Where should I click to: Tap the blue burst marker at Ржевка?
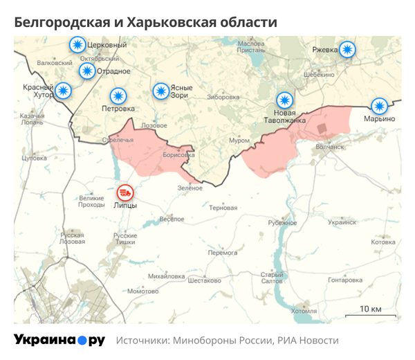pos(347,49)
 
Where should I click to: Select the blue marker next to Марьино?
pos(379,106)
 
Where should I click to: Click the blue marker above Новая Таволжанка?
pos(284,100)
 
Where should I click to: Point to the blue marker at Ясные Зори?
pos(160,91)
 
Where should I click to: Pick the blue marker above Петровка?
pos(119,96)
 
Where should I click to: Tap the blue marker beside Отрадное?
pos(87,71)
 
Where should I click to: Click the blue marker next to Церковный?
pos(77,46)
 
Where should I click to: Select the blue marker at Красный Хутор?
pos(64,91)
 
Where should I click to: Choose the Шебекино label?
pos(319,74)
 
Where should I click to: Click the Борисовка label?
pos(178,155)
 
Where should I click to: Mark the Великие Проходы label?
pos(91,201)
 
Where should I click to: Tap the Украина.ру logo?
pos(59,341)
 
